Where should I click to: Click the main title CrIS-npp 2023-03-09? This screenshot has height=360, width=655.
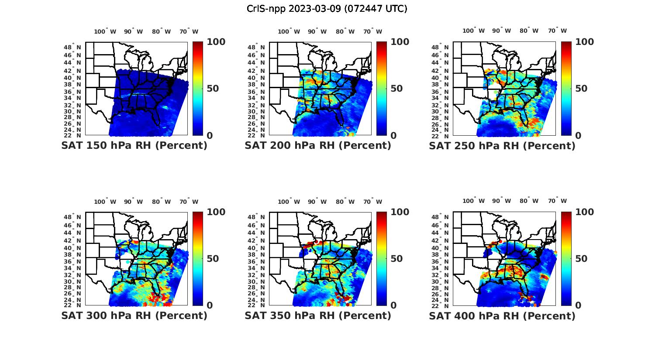327,8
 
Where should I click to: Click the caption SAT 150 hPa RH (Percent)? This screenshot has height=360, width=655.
134,146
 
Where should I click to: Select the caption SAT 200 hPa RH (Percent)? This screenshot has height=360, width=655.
318,146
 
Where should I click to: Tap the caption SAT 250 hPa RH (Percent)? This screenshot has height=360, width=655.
502,146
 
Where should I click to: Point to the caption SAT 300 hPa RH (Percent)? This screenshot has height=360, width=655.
134,315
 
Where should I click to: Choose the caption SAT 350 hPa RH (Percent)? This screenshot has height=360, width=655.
318,315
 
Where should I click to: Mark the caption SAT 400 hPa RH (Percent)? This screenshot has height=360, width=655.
502,315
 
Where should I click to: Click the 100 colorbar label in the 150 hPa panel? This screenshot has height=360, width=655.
216,42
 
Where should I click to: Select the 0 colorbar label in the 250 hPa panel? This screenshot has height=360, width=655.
578,135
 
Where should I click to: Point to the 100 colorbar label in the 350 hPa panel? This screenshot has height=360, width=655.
400,212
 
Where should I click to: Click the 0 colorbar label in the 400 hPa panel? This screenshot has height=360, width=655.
578,305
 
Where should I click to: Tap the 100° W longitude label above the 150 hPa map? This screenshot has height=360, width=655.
105,31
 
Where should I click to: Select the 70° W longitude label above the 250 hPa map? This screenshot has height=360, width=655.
558,31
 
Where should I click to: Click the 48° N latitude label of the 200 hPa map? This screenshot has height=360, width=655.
256,47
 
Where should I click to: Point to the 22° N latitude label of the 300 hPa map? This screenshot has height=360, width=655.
72,305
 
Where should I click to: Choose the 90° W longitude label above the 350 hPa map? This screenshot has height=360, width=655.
317,202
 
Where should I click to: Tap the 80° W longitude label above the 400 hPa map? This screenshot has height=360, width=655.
529,201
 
